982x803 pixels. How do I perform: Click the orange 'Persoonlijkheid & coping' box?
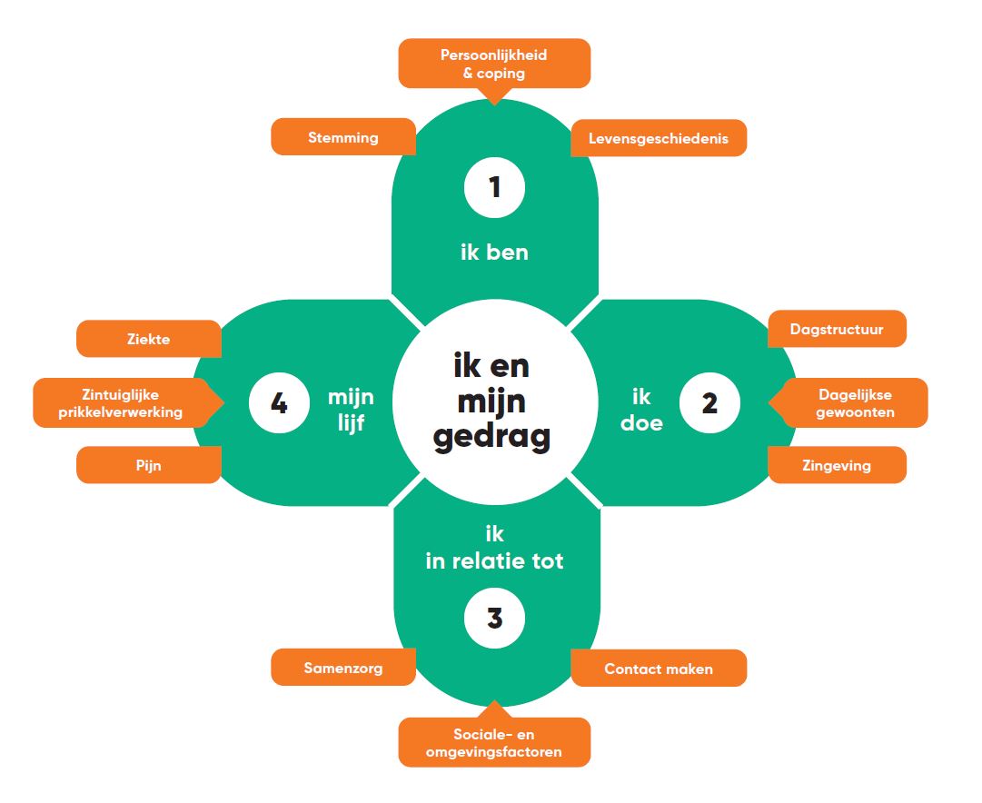(494, 64)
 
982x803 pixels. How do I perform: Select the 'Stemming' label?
(343, 138)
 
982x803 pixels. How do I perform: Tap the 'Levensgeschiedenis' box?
(658, 138)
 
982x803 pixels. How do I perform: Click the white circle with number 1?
(495, 188)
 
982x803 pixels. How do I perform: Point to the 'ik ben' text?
(494, 252)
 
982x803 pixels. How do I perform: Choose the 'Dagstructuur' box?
(836, 329)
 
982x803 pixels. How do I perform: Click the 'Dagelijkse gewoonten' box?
(855, 402)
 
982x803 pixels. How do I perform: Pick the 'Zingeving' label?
(836, 465)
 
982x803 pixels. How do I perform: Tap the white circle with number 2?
(709, 403)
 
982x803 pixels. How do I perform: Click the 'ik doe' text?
(641, 409)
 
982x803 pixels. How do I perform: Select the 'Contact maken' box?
(659, 669)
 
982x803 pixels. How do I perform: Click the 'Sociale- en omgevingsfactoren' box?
(494, 743)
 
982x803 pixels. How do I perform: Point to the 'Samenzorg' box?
(343, 668)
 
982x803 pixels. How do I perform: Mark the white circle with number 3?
(495, 619)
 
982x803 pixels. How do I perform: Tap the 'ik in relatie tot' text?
(494, 548)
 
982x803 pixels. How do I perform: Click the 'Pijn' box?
(149, 465)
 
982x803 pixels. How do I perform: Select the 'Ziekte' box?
(149, 339)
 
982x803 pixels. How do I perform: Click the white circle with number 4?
(279, 403)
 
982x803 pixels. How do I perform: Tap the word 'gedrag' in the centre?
(491, 437)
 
